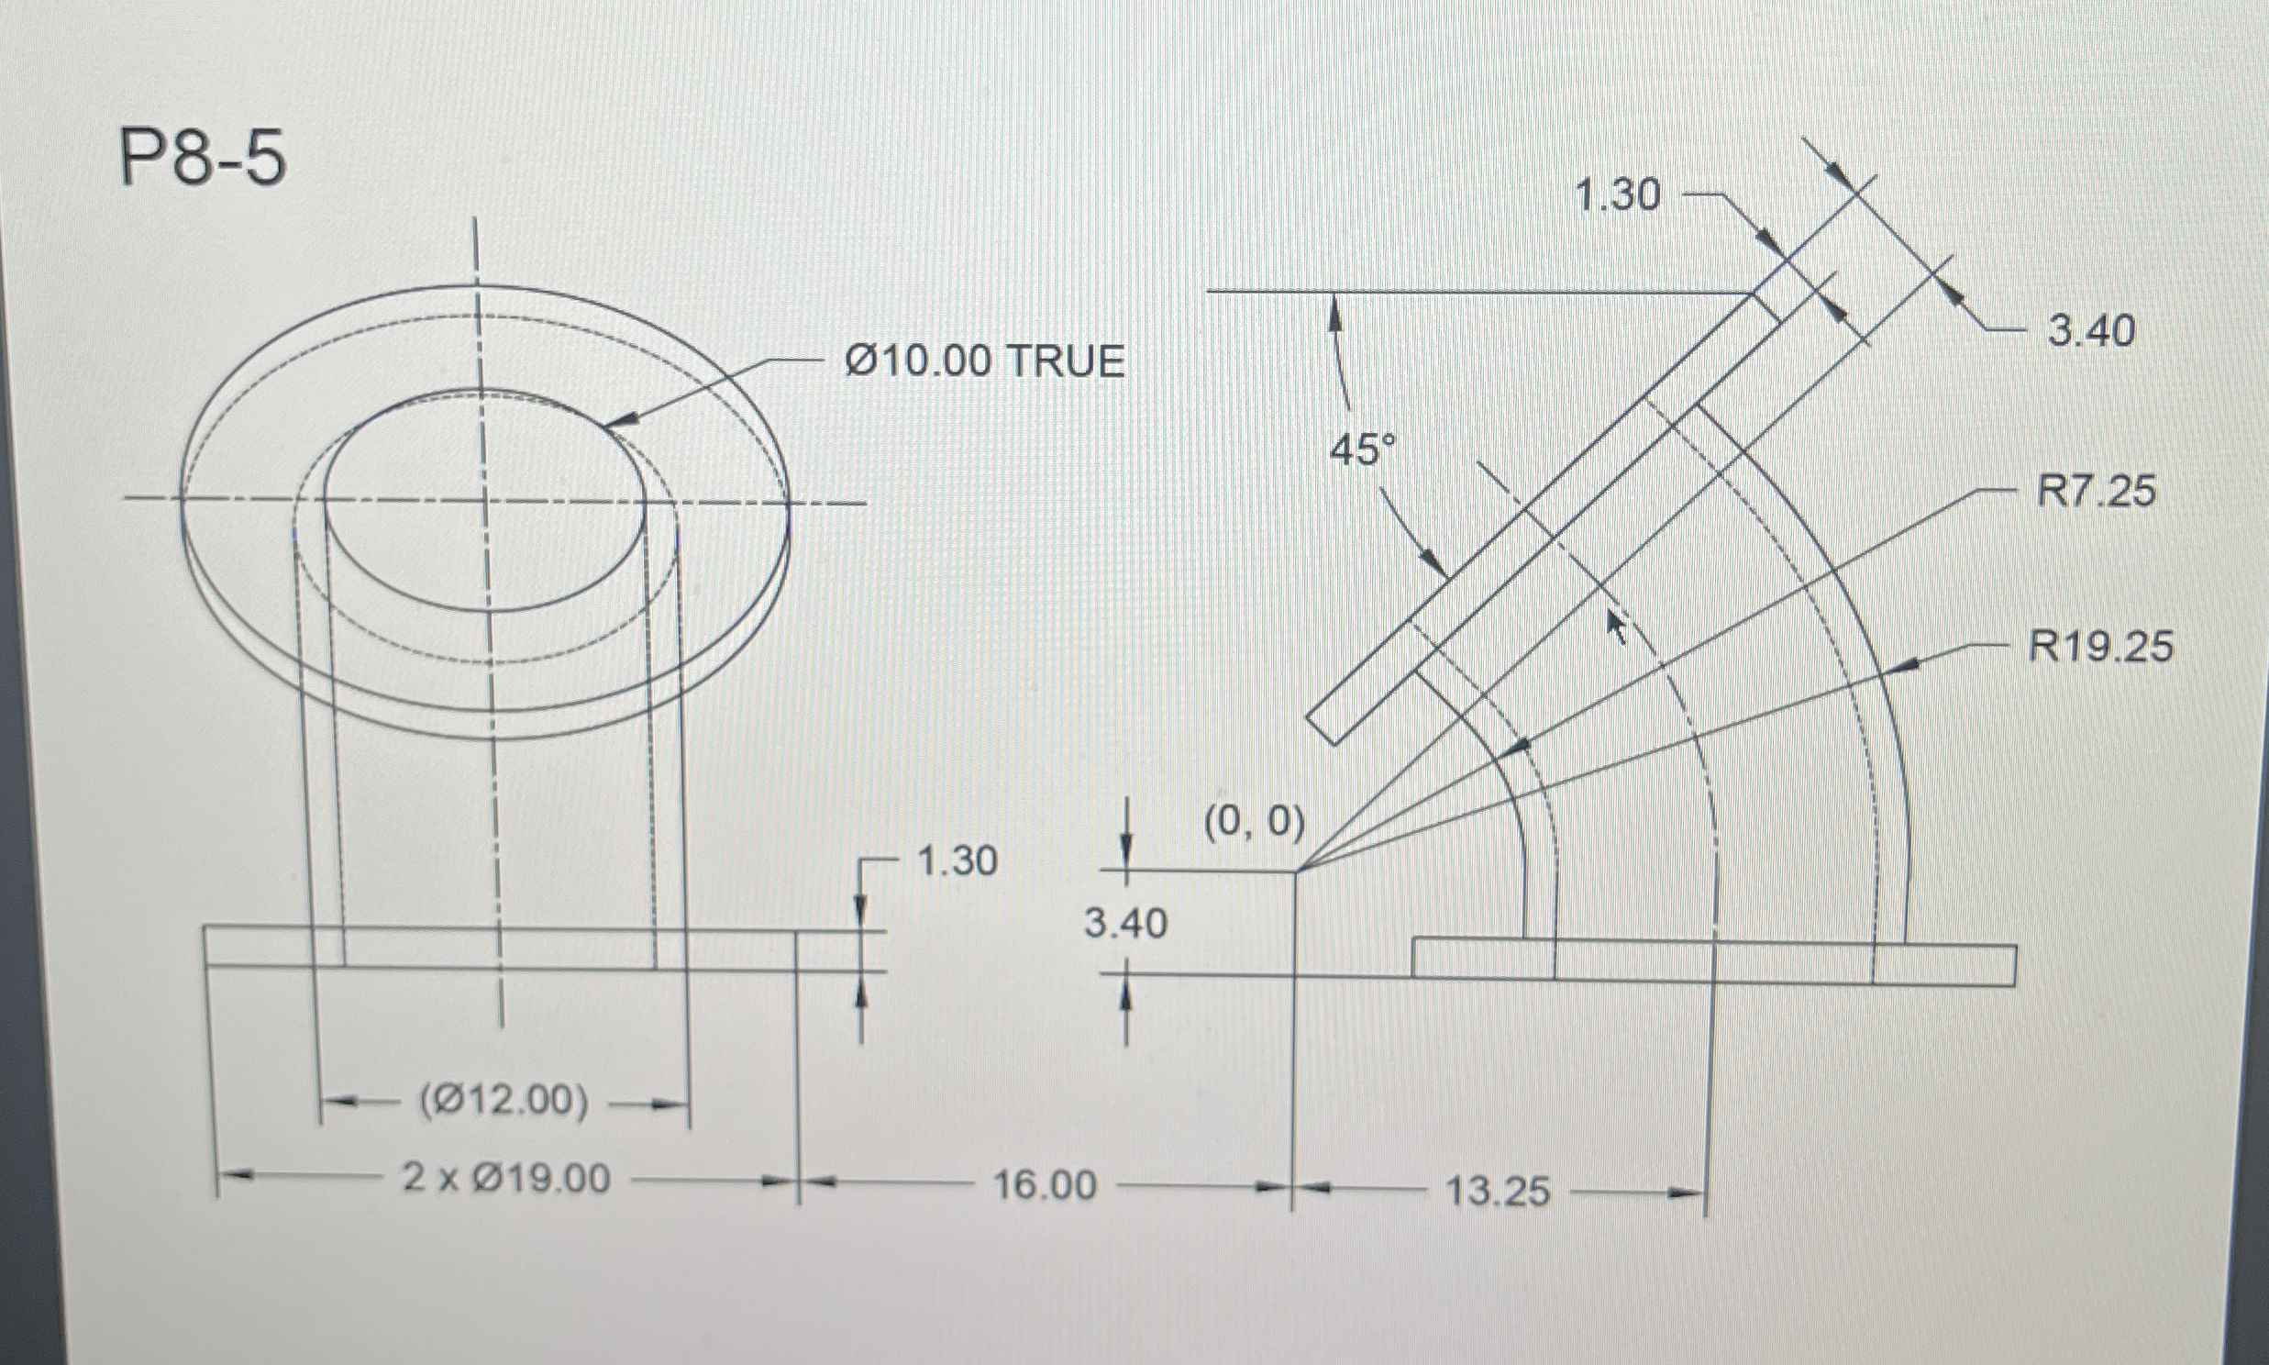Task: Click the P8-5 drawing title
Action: [204, 159]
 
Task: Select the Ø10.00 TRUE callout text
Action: [985, 361]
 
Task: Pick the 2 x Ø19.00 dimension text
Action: [506, 1178]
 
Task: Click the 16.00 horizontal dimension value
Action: [1046, 1185]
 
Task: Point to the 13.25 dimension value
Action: [1498, 1192]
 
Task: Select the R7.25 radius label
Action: [2097, 491]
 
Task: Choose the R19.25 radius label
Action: [2101, 647]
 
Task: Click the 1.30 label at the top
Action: [1618, 195]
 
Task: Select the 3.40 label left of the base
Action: [1125, 923]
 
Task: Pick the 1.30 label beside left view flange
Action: [957, 862]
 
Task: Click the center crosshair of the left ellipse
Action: [481, 499]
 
